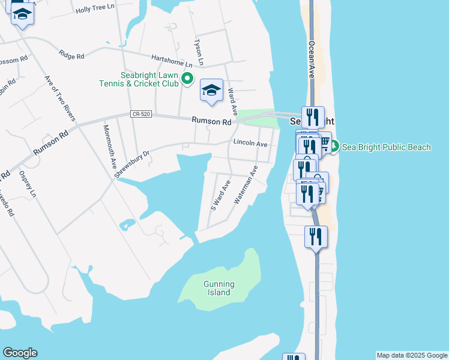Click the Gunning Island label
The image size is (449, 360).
[218, 288]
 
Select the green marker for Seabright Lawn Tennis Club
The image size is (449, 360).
[187, 78]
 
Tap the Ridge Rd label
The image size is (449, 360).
[71, 55]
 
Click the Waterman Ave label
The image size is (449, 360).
[246, 185]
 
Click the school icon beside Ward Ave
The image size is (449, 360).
[211, 91]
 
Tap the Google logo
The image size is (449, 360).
[20, 353]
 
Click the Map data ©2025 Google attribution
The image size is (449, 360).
[412, 355]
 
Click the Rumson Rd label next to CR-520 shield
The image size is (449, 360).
[211, 121]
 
